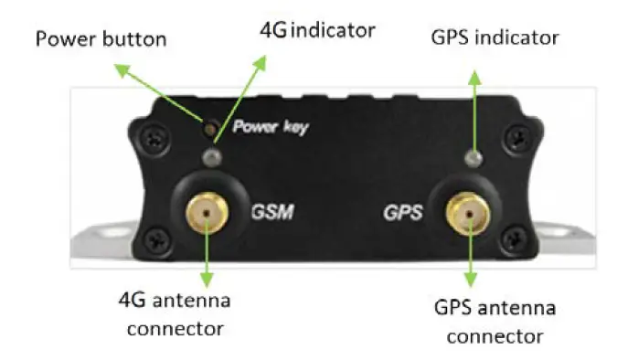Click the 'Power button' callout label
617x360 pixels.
pos(101,39)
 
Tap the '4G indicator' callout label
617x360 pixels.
pos(317,29)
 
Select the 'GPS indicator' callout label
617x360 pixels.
pos(494,37)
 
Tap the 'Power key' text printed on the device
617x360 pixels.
pos(271,127)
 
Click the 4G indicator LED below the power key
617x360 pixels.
pos(212,157)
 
